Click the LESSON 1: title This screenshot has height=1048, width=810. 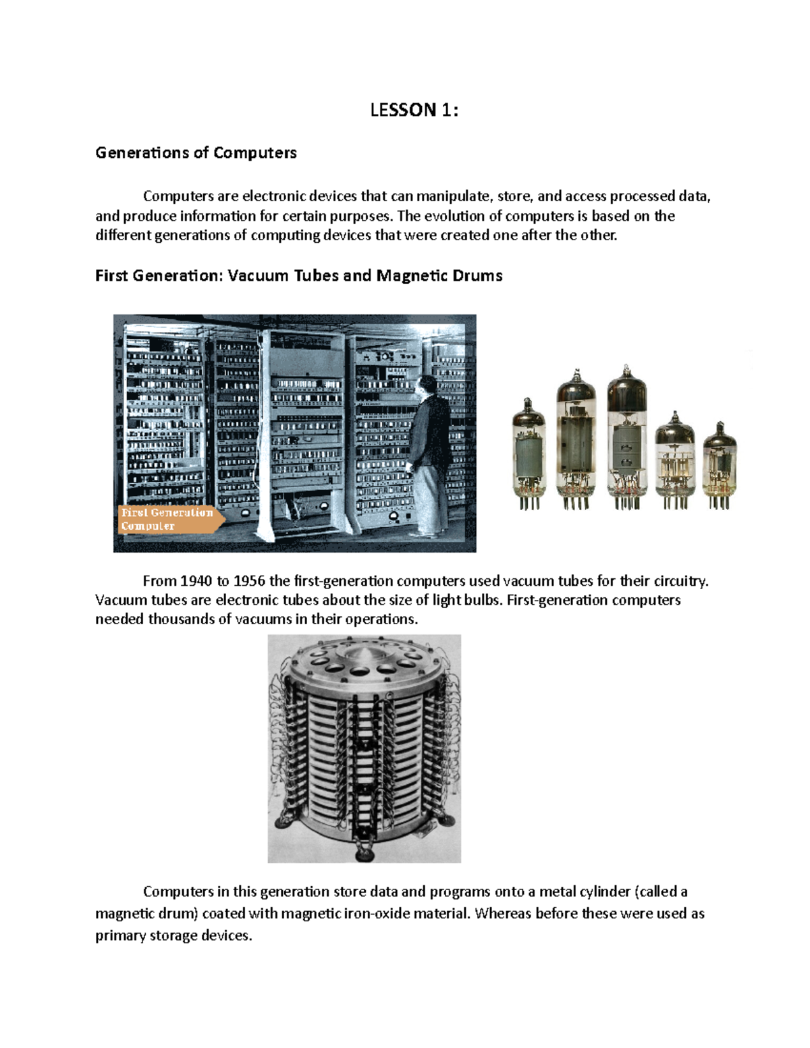[x=414, y=110]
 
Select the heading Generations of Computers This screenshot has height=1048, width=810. [x=196, y=153]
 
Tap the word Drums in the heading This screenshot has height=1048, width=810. [x=478, y=275]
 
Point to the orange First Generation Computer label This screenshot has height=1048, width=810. [x=167, y=519]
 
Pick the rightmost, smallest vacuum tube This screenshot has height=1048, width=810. [x=719, y=466]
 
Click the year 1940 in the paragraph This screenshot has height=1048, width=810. [x=196, y=581]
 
